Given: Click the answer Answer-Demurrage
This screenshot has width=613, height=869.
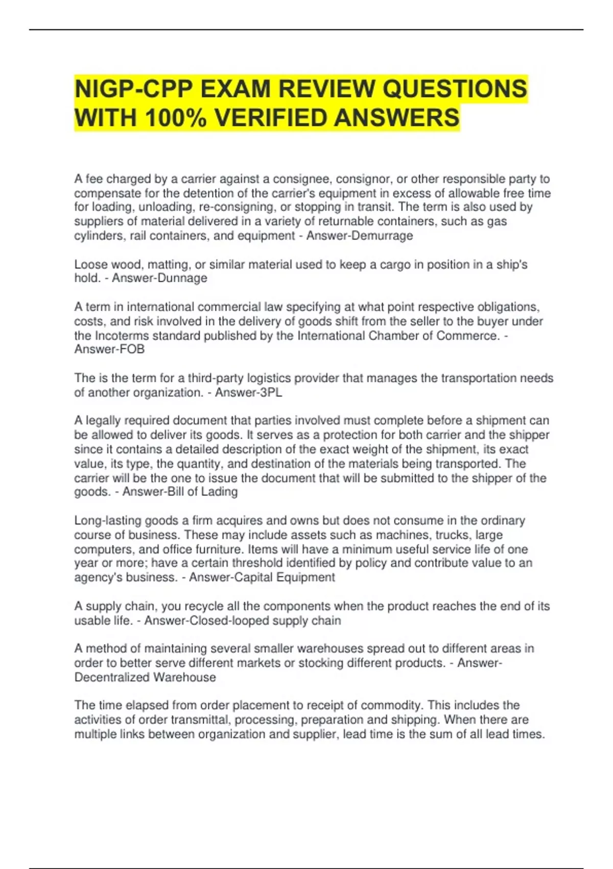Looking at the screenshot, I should tap(360, 236).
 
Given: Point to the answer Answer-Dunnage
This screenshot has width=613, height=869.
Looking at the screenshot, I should tap(159, 278).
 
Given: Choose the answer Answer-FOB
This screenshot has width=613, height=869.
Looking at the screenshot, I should tap(109, 349).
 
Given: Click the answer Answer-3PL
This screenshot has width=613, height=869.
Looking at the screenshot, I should tap(248, 393).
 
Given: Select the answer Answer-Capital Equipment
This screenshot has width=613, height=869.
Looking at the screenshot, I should tap(262, 577).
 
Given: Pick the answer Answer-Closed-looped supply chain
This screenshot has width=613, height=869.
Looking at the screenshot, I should tap(243, 621).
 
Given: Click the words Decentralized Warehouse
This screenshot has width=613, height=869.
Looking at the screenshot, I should tap(145, 677).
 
